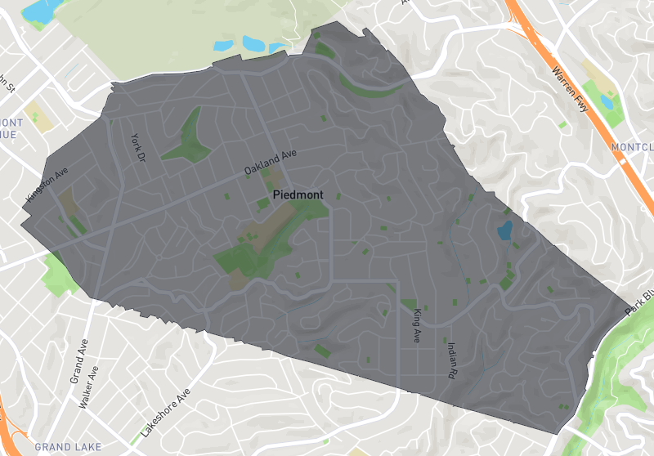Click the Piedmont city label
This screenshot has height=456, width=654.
tap(298, 195)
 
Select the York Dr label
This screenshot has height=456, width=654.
tap(137, 147)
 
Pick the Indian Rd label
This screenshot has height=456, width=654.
tap(451, 359)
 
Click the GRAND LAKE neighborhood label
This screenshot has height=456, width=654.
tap(69, 447)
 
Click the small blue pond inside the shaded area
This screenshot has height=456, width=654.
tap(504, 230)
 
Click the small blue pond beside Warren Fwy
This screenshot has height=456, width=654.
tap(606, 101)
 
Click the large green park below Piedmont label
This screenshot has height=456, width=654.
tap(258, 245)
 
